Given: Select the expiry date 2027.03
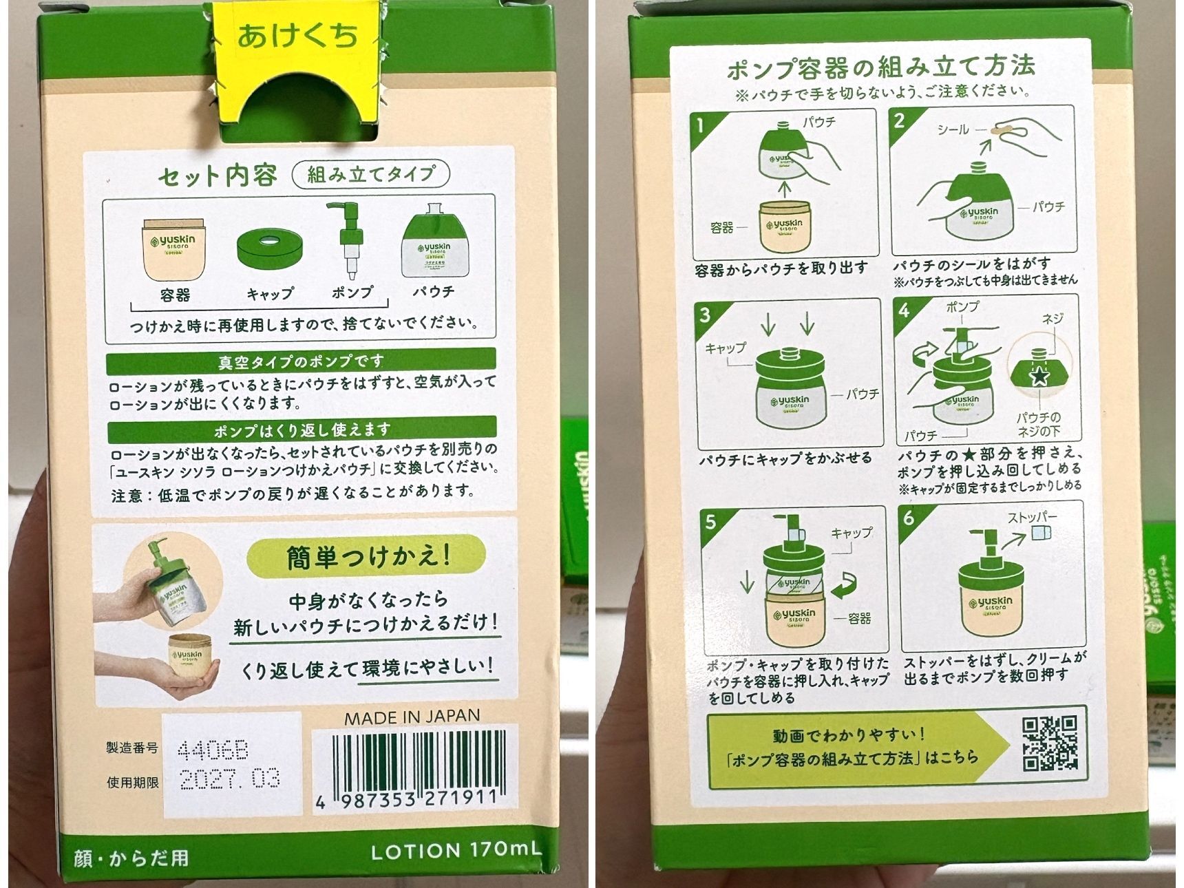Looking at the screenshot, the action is click(230, 779).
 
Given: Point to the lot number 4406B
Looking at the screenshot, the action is click(213, 749).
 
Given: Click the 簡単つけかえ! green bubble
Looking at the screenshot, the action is click(366, 556).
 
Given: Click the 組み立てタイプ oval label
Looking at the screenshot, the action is click(371, 174).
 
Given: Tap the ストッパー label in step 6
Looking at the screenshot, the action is click(1032, 518).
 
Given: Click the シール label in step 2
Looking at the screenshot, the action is click(953, 129).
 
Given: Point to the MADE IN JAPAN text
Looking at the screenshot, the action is click(412, 717).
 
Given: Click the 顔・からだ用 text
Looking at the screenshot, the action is click(131, 858).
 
